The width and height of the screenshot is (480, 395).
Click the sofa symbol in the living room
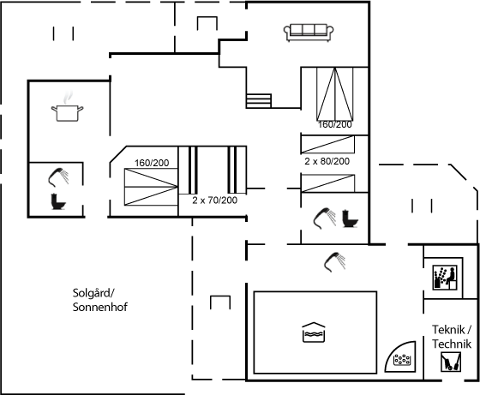pyautogui.click(x=309, y=33)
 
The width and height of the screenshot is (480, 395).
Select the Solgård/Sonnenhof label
pyautogui.click(x=99, y=300)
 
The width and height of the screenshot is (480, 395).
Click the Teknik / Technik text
pyautogui.click(x=452, y=337)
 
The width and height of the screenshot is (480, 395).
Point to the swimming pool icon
pyautogui.click(x=313, y=332)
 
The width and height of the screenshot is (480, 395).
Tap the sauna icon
pyautogui.click(x=445, y=278)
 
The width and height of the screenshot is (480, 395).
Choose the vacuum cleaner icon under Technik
pyautogui.click(x=451, y=362)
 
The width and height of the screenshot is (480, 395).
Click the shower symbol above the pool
pyautogui.click(x=335, y=262)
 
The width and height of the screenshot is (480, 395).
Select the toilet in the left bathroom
pyautogui.click(x=58, y=201)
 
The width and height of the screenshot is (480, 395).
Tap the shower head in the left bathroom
pyautogui.click(x=58, y=177)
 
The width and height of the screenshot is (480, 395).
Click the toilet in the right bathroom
pyautogui.click(x=350, y=218)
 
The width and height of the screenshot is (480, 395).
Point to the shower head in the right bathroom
pyautogui.click(x=325, y=218)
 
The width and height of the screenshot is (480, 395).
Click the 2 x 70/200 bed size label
pyautogui.click(x=214, y=200)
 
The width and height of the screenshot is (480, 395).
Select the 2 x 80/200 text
pyautogui.click(x=327, y=161)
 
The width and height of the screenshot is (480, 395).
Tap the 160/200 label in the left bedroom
pyautogui.click(x=152, y=163)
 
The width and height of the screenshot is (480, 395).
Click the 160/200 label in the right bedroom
pyautogui.click(x=335, y=124)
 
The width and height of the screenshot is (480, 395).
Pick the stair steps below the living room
pyautogui.click(x=259, y=101)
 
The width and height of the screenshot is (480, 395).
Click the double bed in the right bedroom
pyautogui.click(x=335, y=94)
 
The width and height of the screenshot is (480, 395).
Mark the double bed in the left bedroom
pyautogui.click(x=151, y=187)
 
